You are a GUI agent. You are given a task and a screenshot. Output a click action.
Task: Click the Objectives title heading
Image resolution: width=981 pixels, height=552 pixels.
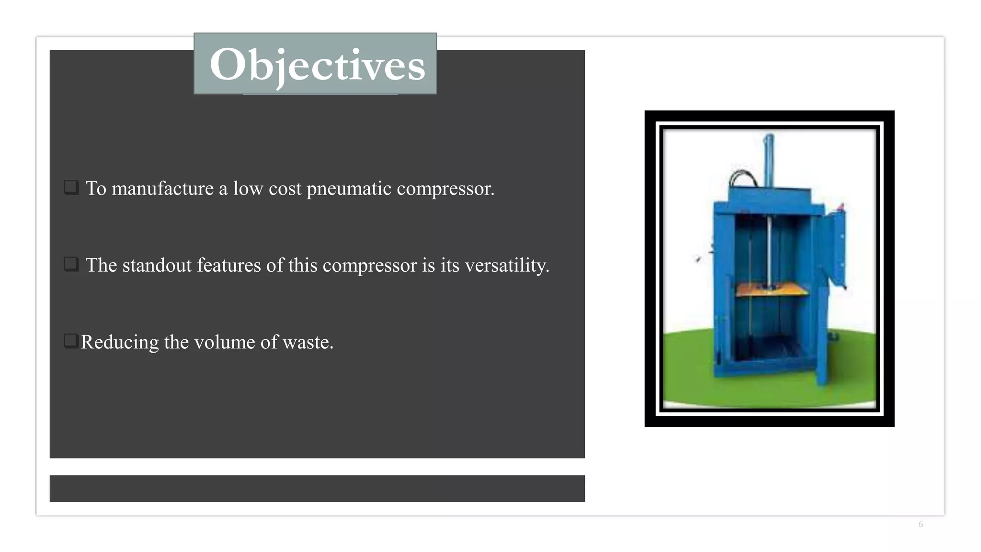[x=317, y=65]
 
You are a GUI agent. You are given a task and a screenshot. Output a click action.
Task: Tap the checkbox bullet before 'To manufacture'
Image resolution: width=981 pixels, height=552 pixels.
[x=71, y=187]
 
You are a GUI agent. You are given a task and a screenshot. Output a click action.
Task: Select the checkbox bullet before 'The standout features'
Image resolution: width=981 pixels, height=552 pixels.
[x=71, y=264]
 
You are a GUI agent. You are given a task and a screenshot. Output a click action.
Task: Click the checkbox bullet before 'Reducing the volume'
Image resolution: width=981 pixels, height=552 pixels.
[x=70, y=341]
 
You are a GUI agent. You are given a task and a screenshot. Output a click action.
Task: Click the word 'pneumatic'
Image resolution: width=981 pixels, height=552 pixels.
[x=349, y=189]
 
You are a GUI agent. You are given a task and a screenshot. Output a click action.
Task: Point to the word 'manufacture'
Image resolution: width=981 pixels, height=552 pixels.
[x=162, y=188]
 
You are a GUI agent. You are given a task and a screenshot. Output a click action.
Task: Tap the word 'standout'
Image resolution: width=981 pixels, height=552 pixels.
[x=157, y=265]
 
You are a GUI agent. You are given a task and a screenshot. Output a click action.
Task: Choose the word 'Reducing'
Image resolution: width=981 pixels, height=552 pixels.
[x=119, y=342]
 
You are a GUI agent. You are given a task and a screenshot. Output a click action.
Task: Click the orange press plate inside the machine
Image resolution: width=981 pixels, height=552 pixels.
[x=771, y=289]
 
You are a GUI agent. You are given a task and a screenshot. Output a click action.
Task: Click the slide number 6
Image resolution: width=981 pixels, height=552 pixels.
[x=920, y=524]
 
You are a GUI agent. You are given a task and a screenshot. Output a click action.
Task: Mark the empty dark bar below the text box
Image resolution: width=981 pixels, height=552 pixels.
[x=317, y=488]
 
